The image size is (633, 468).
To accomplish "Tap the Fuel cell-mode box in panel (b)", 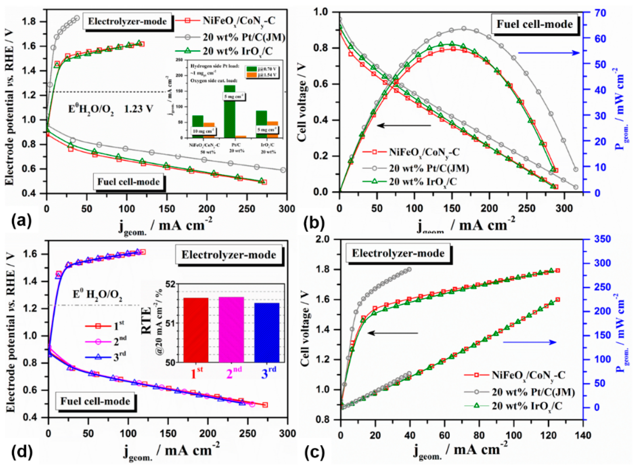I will [534, 24].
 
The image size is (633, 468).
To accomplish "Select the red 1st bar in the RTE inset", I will [196, 330].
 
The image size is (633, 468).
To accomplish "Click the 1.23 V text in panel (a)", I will [138, 109].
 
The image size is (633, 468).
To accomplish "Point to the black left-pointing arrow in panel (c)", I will [393, 333].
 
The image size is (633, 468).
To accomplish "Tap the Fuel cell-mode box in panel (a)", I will [129, 182].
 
